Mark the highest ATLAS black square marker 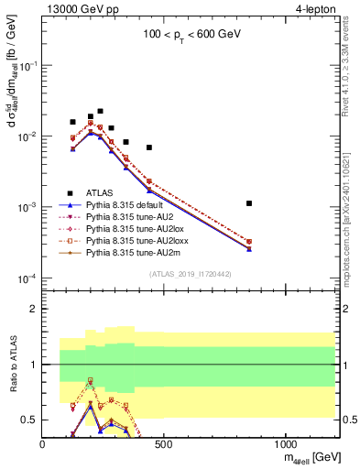(100, 111)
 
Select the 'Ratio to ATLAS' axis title (12, 365)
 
